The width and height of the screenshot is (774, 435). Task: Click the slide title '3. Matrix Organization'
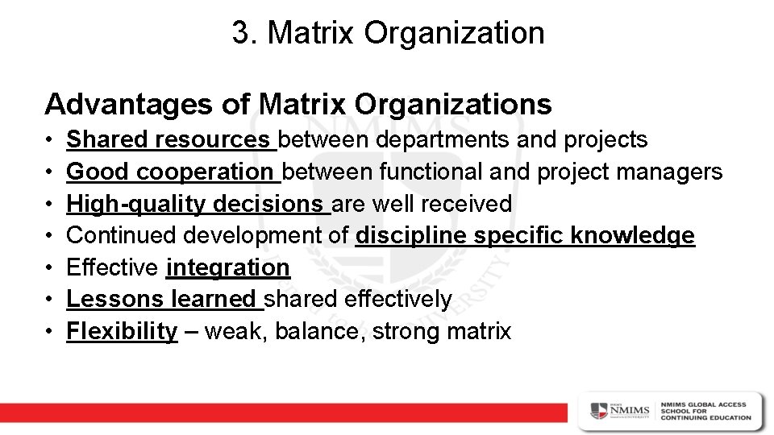pyautogui.click(x=388, y=33)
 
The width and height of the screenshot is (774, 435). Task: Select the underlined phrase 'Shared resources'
pyautogui.click(x=170, y=140)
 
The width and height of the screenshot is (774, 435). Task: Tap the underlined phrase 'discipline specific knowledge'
pyautogui.click(x=525, y=235)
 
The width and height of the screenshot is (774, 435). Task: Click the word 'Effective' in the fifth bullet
pyautogui.click(x=114, y=267)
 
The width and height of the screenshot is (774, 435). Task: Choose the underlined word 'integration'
pyautogui.click(x=227, y=267)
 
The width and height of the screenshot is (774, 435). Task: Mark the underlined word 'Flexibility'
pyautogui.click(x=122, y=331)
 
